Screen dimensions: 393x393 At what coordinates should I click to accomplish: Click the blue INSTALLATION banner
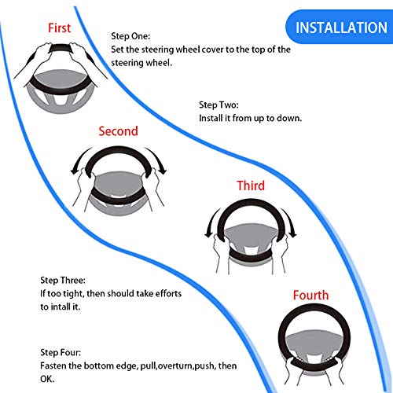(x=340, y=27)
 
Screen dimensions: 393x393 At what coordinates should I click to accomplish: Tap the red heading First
(x=59, y=28)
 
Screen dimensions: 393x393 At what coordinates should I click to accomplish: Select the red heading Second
(x=118, y=131)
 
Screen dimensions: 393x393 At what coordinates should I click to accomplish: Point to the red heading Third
(x=251, y=185)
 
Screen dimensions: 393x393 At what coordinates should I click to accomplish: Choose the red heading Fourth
(x=310, y=296)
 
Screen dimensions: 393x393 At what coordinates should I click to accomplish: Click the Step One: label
(x=130, y=36)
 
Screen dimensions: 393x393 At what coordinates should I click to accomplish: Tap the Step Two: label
(x=219, y=105)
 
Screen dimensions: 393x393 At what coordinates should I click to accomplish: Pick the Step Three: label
(x=63, y=281)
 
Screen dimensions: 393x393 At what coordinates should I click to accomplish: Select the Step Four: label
(x=61, y=352)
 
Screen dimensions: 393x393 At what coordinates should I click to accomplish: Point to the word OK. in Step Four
(x=47, y=379)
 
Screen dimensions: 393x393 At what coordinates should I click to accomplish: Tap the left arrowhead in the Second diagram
(x=74, y=171)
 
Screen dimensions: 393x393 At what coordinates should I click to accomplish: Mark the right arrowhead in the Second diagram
(x=163, y=171)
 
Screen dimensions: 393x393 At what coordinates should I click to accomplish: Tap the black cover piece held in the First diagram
(x=61, y=48)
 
